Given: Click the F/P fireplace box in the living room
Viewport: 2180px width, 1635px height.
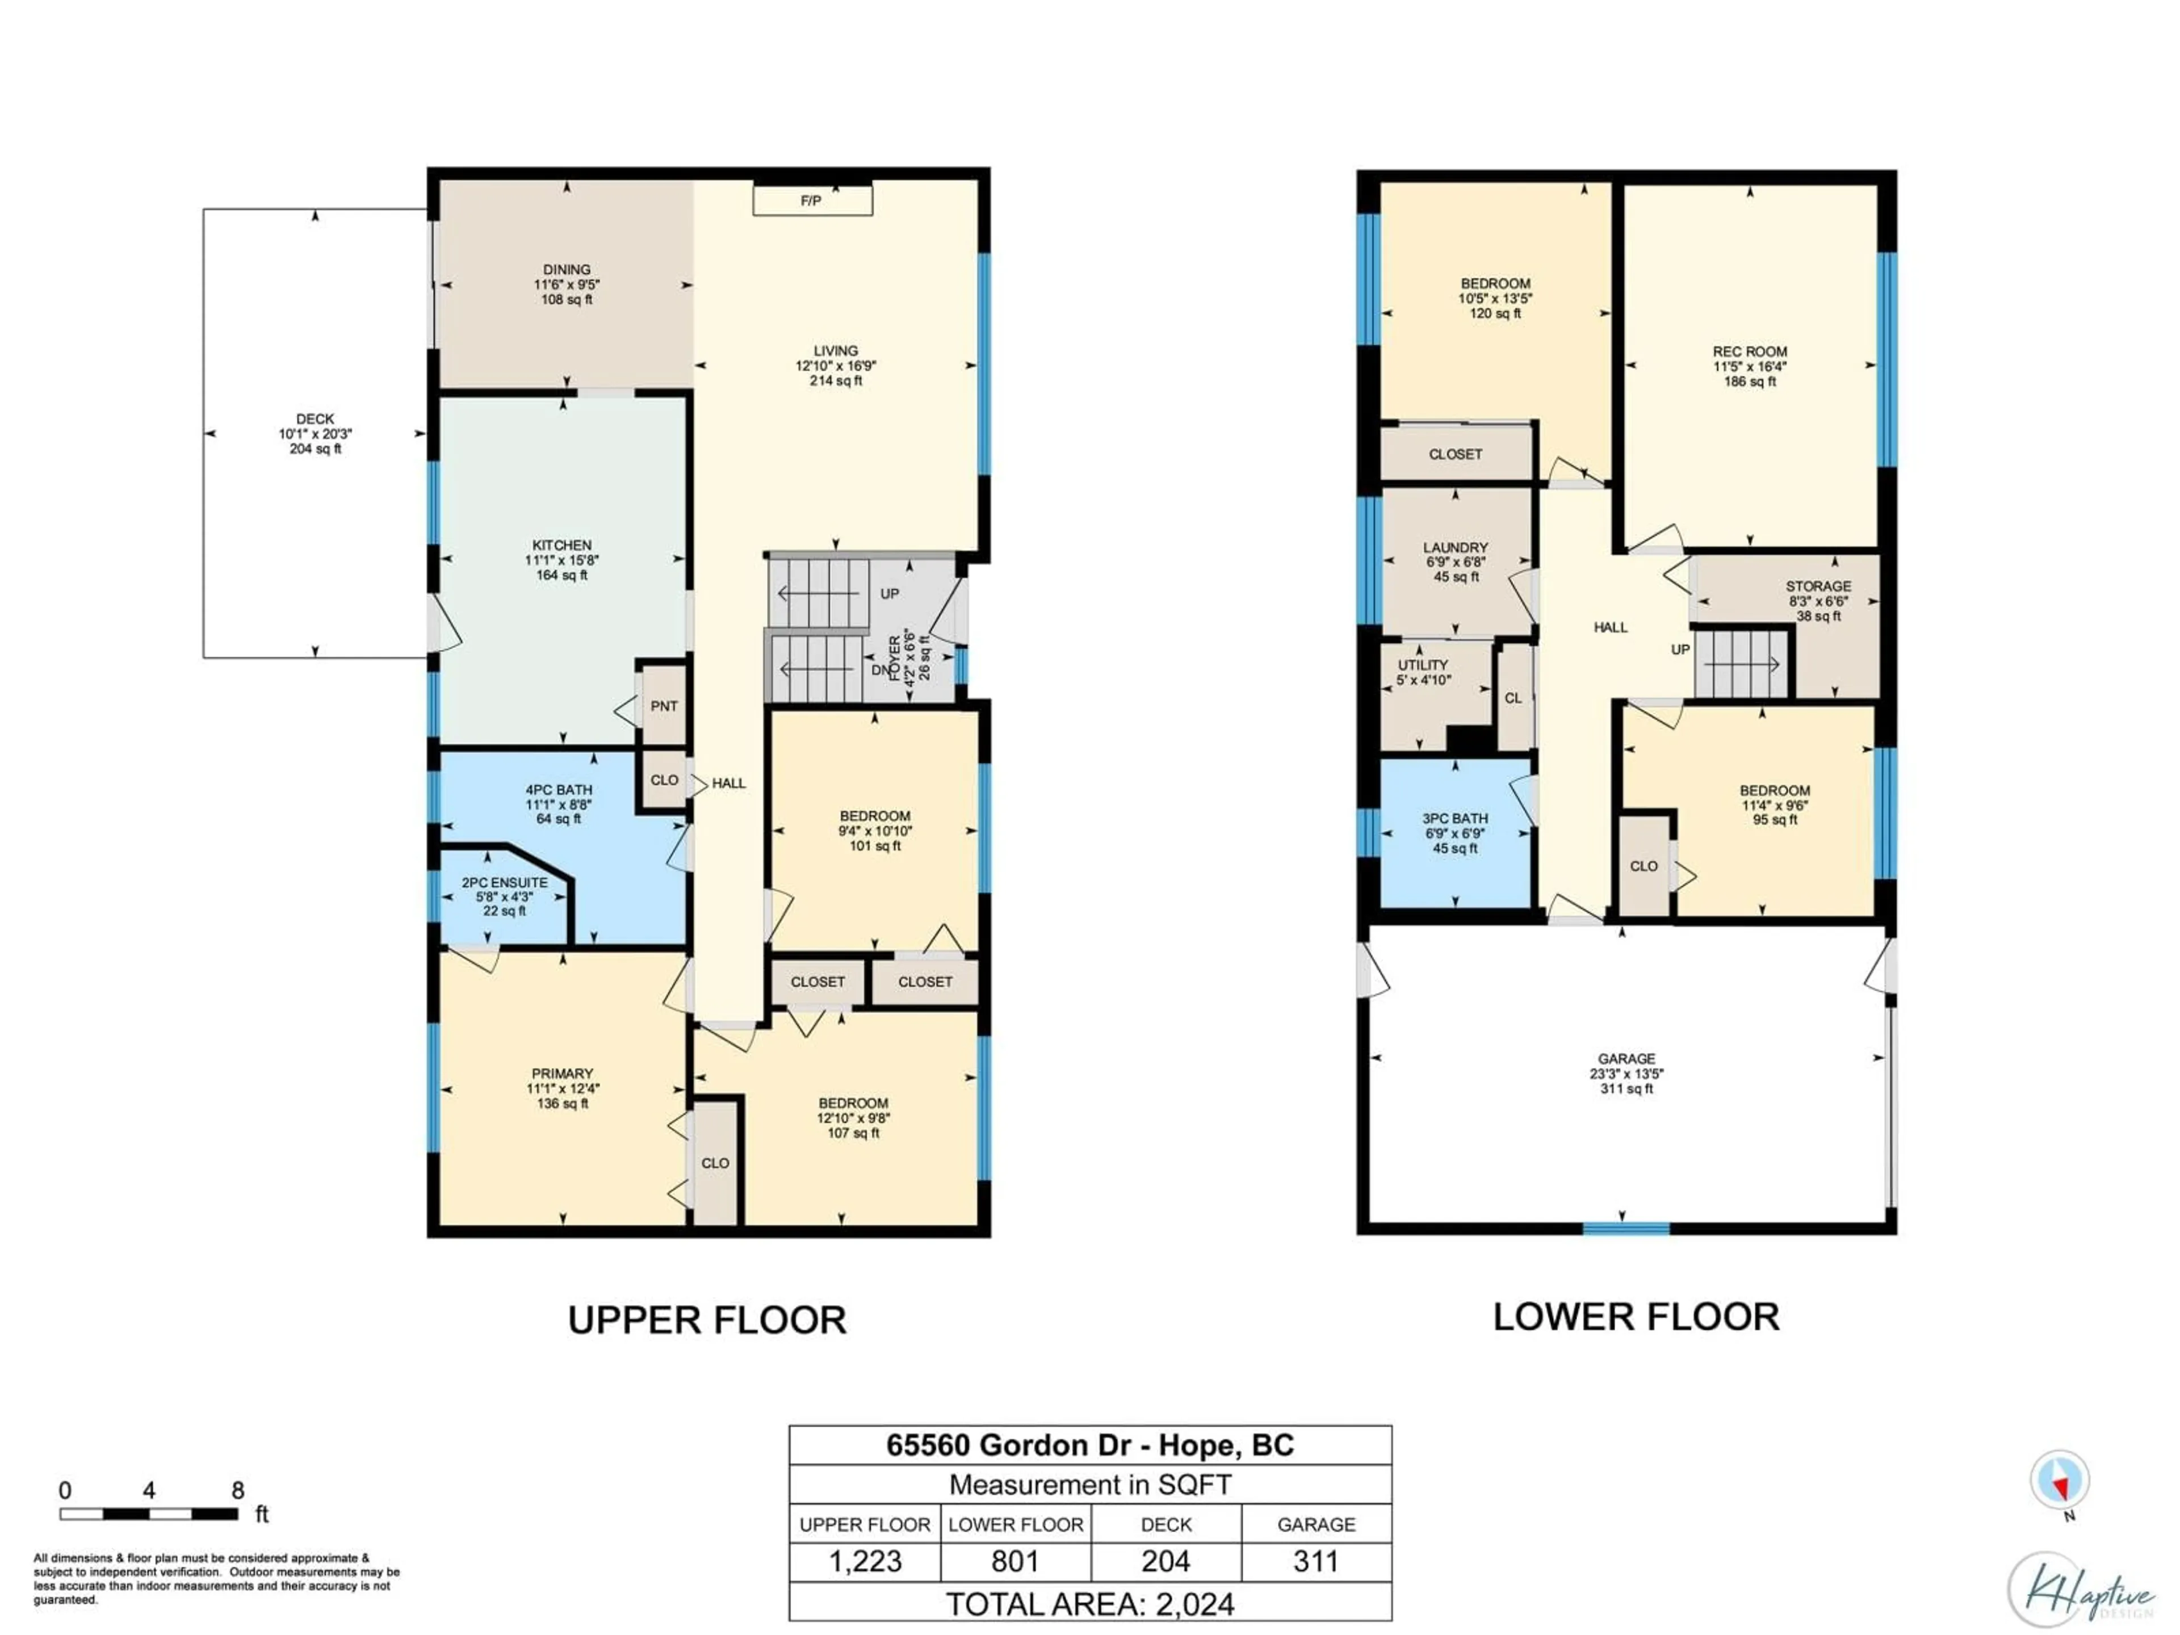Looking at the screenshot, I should pos(812,200).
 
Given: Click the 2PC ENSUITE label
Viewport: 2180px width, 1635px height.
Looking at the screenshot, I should pos(505,883).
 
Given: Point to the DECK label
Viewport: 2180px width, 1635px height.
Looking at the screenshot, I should pos(316,419).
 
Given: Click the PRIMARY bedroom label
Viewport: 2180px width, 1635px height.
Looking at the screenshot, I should pos(563,1073).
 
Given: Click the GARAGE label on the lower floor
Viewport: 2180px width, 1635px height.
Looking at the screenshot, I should pos(1626,1058).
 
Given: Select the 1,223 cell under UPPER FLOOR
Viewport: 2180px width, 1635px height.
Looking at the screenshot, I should pos(865,1561).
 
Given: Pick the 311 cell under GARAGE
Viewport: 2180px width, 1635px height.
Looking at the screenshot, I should pos(1316,1561).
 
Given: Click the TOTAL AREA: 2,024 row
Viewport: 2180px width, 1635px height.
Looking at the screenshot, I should pos(1090,1603).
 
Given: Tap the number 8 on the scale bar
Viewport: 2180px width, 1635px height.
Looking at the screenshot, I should pos(237,1490).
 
